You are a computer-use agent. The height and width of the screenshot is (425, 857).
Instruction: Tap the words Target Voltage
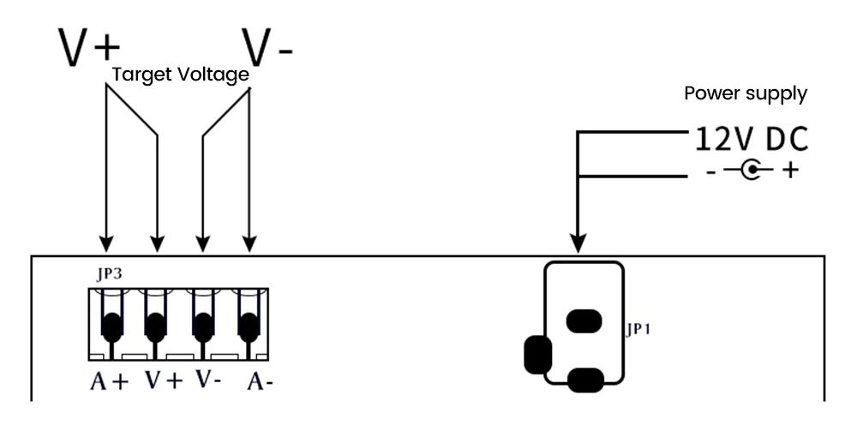point(180,75)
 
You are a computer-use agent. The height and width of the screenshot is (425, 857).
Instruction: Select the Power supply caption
point(746,93)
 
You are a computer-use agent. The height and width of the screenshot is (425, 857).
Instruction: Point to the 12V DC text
point(752,140)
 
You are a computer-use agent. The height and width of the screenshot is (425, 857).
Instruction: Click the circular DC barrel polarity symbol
point(752,170)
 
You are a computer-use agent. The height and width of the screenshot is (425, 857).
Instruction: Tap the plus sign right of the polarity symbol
point(790,171)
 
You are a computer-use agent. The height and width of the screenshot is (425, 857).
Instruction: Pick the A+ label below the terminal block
point(110,380)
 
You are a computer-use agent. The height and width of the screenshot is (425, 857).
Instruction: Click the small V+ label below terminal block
point(164,380)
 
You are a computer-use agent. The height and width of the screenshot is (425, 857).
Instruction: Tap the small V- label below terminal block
point(208,379)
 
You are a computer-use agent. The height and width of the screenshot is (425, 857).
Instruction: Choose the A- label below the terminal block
point(261,380)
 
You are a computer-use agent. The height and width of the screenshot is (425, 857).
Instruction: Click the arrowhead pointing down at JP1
point(578,243)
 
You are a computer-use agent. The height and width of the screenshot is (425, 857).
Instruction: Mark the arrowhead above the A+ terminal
point(106,243)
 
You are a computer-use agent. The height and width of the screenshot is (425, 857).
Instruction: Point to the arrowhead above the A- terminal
point(249,243)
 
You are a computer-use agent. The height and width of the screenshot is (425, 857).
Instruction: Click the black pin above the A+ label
point(111,327)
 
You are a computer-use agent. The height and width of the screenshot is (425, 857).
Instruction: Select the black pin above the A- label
point(249,327)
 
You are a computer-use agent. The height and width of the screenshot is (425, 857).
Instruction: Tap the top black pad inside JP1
point(584,320)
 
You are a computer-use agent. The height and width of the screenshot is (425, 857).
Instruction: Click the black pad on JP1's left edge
point(537,355)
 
